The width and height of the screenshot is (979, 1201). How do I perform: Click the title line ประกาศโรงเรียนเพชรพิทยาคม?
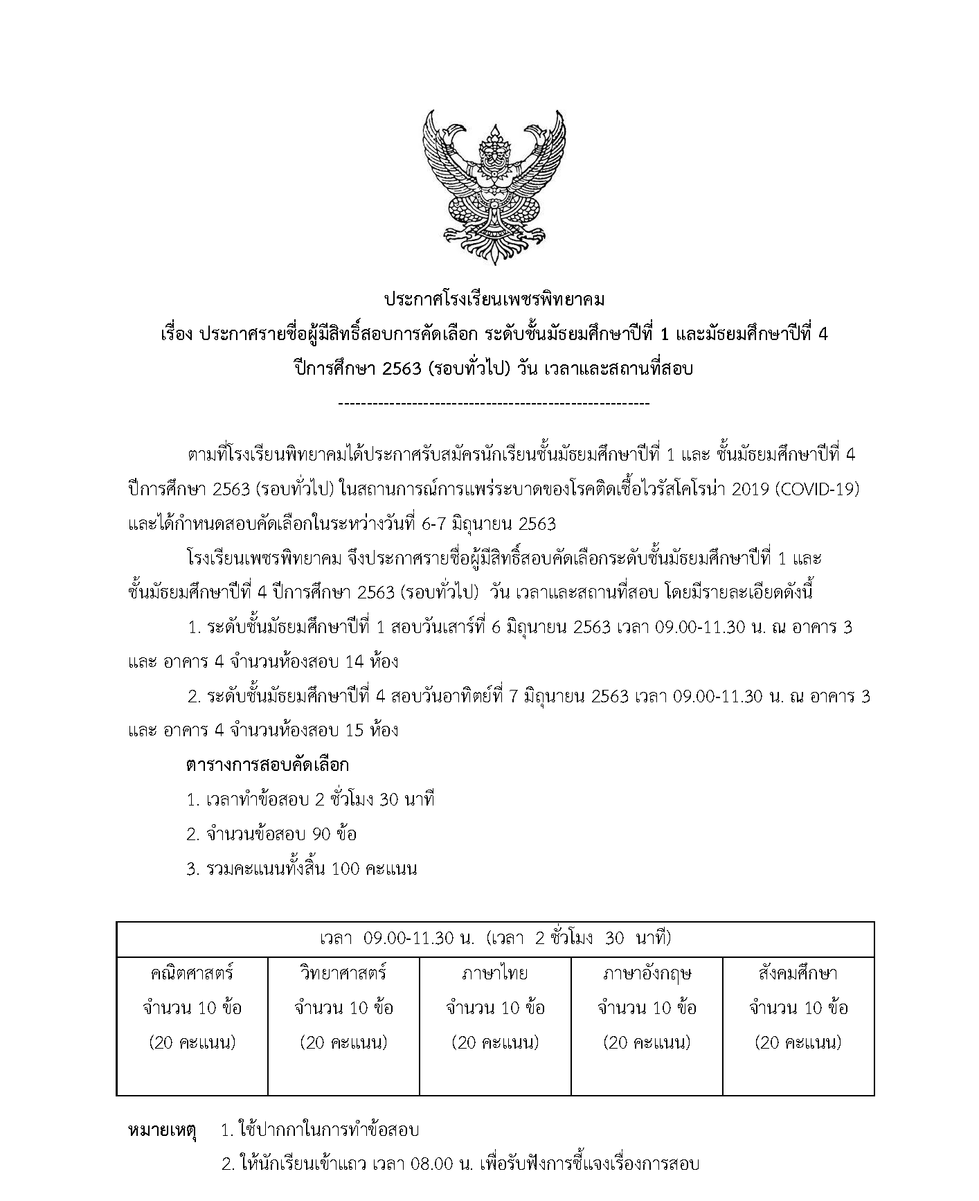[494, 301]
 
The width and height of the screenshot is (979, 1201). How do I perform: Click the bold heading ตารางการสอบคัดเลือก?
[267, 765]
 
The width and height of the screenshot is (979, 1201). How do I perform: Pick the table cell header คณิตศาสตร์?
[192, 973]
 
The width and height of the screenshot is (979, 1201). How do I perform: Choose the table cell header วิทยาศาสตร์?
[343, 973]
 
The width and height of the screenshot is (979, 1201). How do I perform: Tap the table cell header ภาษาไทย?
[495, 973]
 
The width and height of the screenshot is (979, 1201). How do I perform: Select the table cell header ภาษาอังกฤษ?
[647, 973]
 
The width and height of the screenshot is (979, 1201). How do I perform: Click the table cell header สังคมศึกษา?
[798, 973]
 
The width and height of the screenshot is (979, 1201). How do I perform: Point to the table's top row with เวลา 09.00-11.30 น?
[495, 939]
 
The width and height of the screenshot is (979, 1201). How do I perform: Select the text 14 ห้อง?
[371, 661]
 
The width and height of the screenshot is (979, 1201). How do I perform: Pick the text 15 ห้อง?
[371, 730]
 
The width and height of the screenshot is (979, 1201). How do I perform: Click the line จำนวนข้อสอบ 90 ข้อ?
[272, 834]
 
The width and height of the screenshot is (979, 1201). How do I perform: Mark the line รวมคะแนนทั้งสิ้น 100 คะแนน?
[302, 869]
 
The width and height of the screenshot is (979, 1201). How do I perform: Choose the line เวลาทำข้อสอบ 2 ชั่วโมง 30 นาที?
[311, 800]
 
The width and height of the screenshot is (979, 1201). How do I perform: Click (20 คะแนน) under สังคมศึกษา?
[798, 1042]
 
